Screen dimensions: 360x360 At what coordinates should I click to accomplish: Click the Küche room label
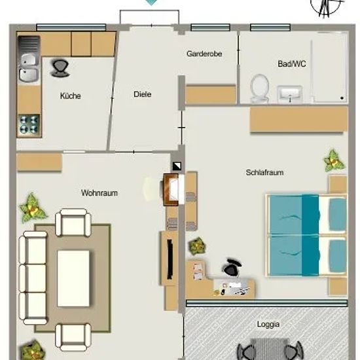tap(70, 96)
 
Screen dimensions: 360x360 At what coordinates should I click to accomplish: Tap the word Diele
tap(142, 94)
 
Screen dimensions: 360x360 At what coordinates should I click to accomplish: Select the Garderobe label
tap(204, 54)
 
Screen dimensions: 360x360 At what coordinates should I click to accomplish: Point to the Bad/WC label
tap(291, 63)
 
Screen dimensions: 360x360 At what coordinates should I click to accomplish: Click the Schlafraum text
tap(264, 172)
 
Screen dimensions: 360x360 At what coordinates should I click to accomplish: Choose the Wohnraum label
tap(99, 193)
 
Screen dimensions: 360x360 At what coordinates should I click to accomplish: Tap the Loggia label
tap(268, 324)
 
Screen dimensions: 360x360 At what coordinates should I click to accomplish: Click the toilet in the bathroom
tap(260, 88)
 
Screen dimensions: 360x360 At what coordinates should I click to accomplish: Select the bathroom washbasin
tap(289, 94)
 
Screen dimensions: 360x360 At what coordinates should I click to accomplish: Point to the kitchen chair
tap(60, 68)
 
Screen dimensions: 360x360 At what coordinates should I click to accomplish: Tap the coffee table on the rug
tap(73, 278)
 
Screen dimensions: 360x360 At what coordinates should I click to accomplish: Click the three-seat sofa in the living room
tap(33, 278)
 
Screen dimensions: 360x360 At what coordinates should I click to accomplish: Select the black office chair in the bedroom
tap(232, 267)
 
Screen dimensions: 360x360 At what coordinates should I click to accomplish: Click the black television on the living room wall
tap(170, 259)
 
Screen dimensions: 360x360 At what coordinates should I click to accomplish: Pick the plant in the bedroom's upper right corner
tap(334, 161)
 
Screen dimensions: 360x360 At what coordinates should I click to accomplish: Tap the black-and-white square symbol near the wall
tap(177, 166)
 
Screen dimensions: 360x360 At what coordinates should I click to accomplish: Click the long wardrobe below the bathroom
tap(299, 119)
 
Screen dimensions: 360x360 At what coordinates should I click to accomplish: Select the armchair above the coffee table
tap(73, 223)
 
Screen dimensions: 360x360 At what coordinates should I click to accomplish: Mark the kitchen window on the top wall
tap(71, 27)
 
